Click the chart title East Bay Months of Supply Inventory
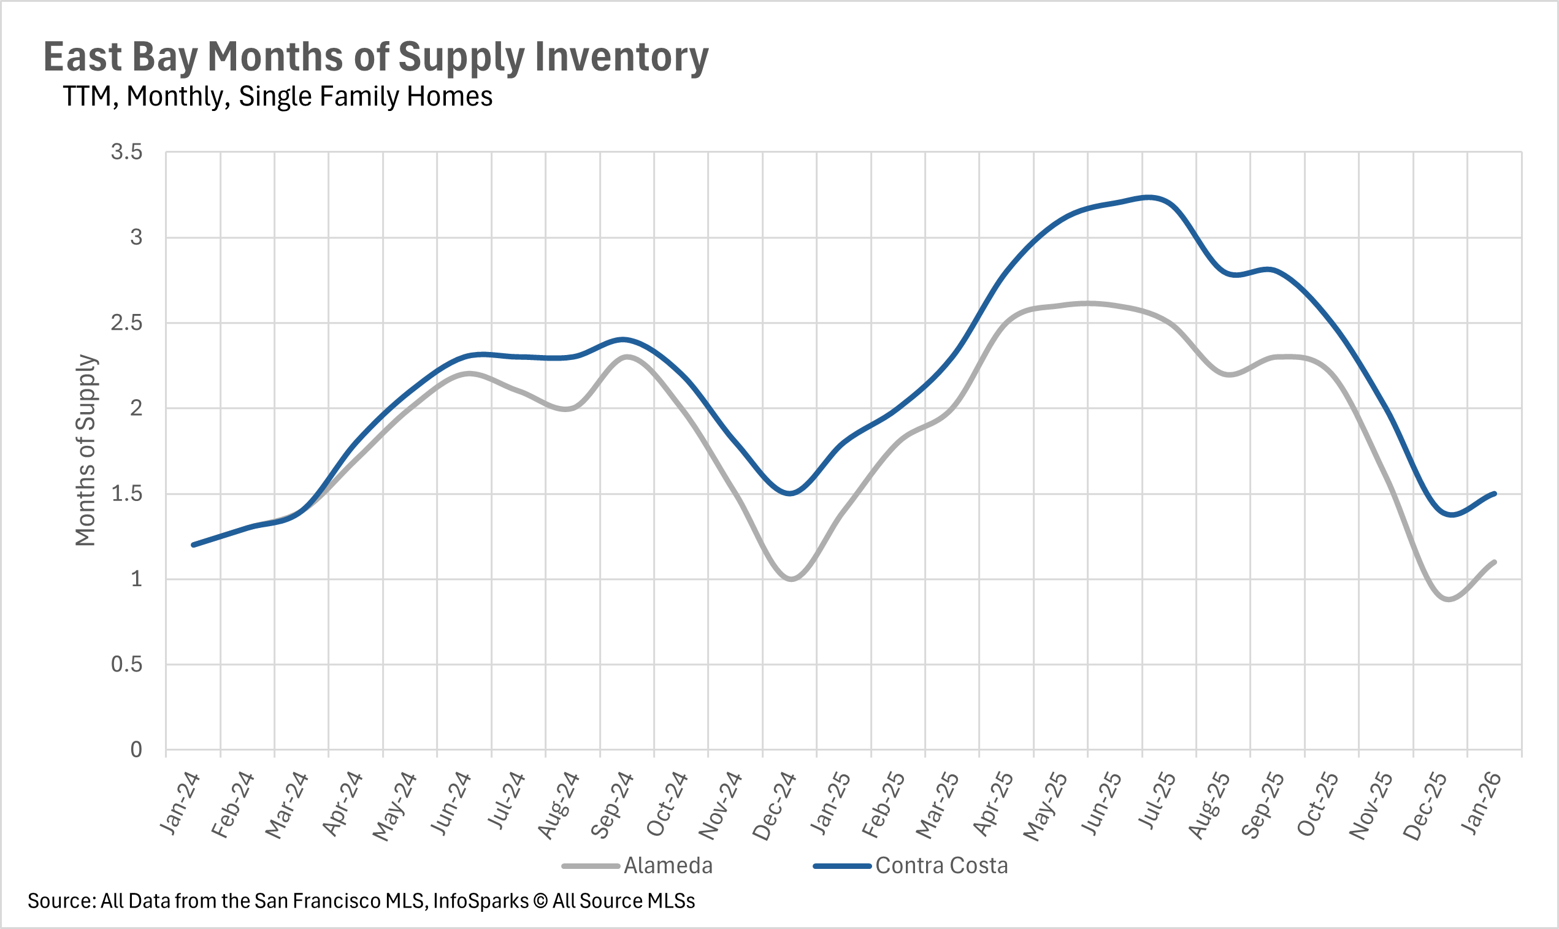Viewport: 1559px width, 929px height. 376,57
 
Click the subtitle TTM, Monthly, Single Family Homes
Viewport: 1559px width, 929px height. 277,96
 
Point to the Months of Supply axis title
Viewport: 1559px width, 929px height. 86,450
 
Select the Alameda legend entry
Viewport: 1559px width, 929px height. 667,866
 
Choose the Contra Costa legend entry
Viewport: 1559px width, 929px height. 941,866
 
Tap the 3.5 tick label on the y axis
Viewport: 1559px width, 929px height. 126,152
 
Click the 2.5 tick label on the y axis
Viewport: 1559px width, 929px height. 126,323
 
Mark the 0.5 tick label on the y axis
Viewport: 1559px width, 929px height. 126,664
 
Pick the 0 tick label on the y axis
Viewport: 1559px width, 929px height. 136,749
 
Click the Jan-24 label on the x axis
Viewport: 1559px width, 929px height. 180,804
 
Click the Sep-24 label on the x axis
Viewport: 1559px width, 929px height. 612,805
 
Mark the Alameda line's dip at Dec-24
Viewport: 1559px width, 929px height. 791,579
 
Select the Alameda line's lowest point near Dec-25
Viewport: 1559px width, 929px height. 1448,599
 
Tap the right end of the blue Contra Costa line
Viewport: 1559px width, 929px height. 1495,494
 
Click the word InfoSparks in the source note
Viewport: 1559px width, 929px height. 480,901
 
